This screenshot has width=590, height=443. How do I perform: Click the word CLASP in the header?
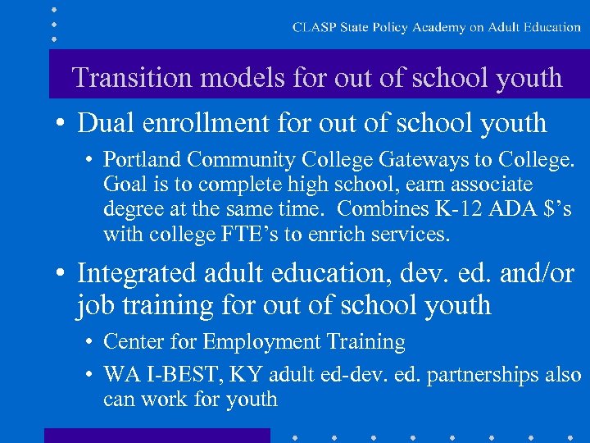point(311,27)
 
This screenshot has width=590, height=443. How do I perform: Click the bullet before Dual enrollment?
point(60,124)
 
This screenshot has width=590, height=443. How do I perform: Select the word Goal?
point(123,184)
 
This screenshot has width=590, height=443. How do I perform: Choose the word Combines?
point(376,209)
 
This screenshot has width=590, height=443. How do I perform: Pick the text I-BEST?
point(175,374)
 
